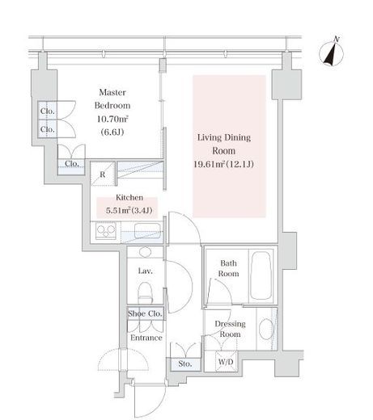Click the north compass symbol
pyautogui.click(x=332, y=53)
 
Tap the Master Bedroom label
pyautogui.click(x=112, y=99)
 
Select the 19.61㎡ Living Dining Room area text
pyautogui.click(x=223, y=164)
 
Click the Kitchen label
pyautogui.click(x=129, y=197)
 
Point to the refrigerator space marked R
pyautogui.click(x=103, y=174)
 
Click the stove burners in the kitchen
pyautogui.click(x=106, y=230)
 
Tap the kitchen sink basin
pyautogui.click(x=147, y=230)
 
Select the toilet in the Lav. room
pyautogui.click(x=145, y=293)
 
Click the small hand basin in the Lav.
pyautogui.click(x=146, y=252)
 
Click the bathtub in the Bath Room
pyautogui.click(x=261, y=275)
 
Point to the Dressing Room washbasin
pyautogui.click(x=266, y=330)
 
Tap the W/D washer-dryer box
pyautogui.click(x=226, y=361)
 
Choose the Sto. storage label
pyautogui.click(x=185, y=364)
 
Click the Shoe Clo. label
pyautogui.click(x=145, y=313)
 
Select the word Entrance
pyautogui.click(x=146, y=338)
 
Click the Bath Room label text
pyautogui.click(x=228, y=268)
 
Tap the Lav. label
pyautogui.click(x=146, y=271)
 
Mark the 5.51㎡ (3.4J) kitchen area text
pyautogui.click(x=129, y=210)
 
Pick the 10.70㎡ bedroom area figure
pyautogui.click(x=112, y=119)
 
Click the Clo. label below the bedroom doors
pyautogui.click(x=72, y=164)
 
